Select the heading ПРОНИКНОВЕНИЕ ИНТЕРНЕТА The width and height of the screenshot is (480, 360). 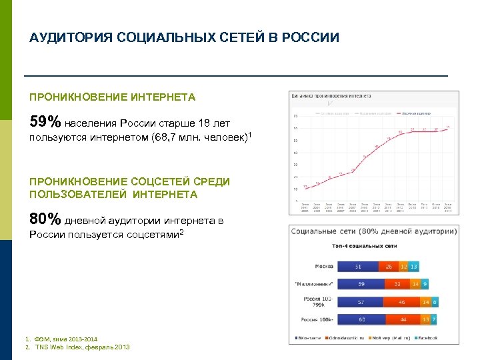pos(113,97)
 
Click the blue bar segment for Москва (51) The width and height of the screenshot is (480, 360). pos(358,267)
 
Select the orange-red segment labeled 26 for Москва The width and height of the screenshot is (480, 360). pos(388,267)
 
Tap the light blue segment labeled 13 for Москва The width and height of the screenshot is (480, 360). pos(414,267)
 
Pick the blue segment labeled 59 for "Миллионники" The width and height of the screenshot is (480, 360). pos(361,283)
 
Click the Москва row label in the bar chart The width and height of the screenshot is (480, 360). pos(324,267)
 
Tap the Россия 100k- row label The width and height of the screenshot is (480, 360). pos(317,319)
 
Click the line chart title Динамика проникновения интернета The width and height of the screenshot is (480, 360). pos(331,97)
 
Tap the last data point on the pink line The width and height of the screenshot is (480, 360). pos(448,128)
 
